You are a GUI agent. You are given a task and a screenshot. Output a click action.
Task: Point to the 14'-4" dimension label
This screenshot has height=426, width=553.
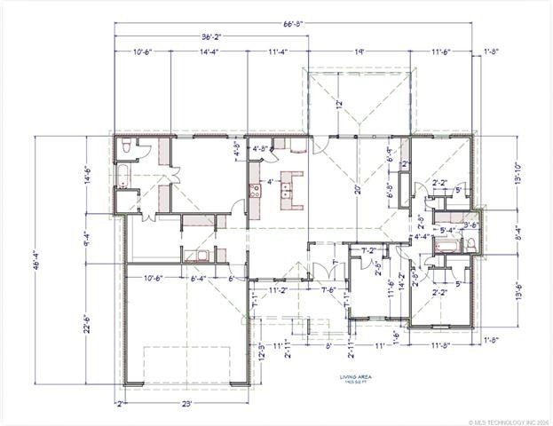(x=209, y=52)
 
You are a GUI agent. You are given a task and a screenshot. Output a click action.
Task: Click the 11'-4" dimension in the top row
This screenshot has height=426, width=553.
(x=278, y=52)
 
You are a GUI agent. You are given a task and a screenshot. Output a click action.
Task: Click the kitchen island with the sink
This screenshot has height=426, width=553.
(x=289, y=188)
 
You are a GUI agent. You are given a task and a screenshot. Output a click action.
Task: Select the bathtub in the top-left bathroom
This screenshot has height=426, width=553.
(x=125, y=175)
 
